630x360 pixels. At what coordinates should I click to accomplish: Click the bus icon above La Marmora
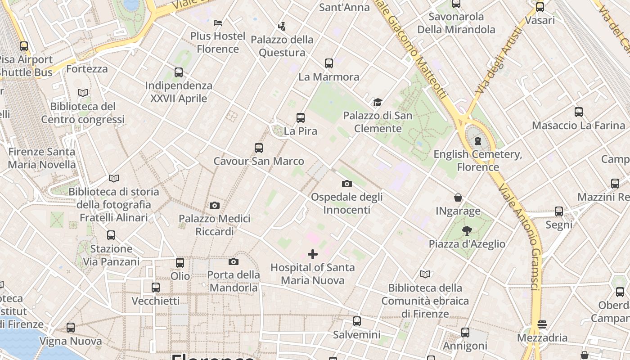pyautogui.click(x=329, y=63)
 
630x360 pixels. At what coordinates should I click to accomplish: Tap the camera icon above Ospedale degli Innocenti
pyautogui.click(x=346, y=184)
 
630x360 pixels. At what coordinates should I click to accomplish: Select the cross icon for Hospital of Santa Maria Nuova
pyautogui.click(x=312, y=254)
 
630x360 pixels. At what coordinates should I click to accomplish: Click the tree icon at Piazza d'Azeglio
pyautogui.click(x=467, y=231)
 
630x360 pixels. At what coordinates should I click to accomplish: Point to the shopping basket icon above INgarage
pyautogui.click(x=458, y=198)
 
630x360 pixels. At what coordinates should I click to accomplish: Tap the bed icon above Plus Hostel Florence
pyautogui.click(x=218, y=22)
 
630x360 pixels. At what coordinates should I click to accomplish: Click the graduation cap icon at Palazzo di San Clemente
pyautogui.click(x=378, y=103)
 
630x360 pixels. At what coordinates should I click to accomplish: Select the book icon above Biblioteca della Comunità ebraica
pyautogui.click(x=425, y=274)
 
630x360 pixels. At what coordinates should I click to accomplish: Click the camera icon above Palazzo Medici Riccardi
pyautogui.click(x=215, y=205)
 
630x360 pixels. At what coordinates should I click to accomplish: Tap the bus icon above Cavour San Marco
pyautogui.click(x=259, y=148)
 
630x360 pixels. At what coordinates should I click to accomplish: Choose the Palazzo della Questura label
pyautogui.click(x=282, y=46)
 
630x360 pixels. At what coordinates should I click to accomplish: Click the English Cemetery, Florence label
pyautogui.click(x=478, y=161)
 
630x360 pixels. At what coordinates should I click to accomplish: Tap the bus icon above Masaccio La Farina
pyautogui.click(x=579, y=112)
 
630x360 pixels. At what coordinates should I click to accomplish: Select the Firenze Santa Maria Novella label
pyautogui.click(x=42, y=158)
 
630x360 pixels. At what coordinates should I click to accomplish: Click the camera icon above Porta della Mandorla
pyautogui.click(x=233, y=261)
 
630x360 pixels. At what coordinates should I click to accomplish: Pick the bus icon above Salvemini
pyautogui.click(x=357, y=321)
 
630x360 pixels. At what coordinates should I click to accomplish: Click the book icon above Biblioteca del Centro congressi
pyautogui.click(x=83, y=93)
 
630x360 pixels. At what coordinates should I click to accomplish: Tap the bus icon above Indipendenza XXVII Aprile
pyautogui.click(x=179, y=72)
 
